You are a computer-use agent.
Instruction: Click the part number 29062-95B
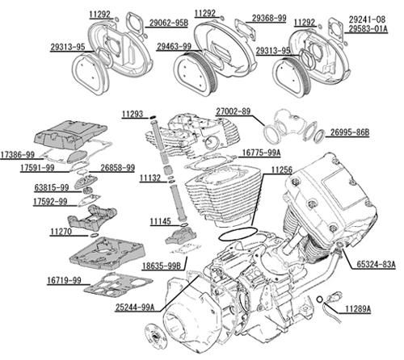169,23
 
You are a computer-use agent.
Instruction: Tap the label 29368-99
269,18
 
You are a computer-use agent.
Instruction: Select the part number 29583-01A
368,28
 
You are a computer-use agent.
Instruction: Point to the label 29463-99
174,47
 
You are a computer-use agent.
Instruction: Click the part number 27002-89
233,111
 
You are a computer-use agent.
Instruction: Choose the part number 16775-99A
261,153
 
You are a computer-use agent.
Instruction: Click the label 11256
281,170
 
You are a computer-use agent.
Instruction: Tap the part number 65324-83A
376,264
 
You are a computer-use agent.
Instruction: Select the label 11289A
358,309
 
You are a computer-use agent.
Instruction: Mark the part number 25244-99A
135,308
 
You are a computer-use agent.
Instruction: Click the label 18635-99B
162,266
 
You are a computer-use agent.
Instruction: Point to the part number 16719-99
64,280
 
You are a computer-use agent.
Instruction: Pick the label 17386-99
18,155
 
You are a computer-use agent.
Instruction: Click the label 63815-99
52,187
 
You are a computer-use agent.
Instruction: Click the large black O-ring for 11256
238,234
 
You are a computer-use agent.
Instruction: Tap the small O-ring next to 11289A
319,299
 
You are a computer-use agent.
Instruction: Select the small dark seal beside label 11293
153,117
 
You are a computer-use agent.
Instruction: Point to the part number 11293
133,114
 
